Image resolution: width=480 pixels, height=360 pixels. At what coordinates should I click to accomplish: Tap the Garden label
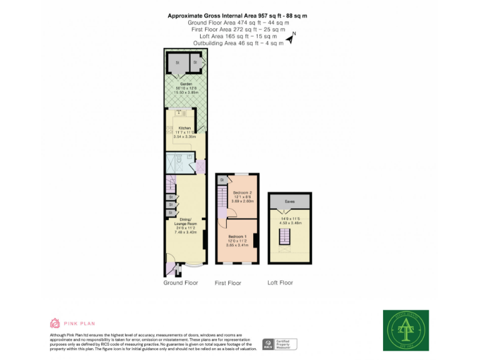186,84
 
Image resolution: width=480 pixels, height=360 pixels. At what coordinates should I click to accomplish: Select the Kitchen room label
184,127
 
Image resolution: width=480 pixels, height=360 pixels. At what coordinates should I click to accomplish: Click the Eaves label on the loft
289,201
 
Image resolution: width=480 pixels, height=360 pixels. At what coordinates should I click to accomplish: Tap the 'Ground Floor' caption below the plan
181,283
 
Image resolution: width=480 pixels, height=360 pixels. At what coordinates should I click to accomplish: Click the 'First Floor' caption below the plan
227,283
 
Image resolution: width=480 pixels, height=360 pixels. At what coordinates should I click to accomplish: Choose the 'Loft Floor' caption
280,283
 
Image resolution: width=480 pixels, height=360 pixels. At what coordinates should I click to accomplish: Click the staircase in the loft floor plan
285,236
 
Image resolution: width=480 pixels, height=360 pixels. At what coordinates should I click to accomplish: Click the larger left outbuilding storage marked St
177,62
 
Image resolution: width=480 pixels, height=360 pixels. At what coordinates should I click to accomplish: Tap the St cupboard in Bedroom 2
221,180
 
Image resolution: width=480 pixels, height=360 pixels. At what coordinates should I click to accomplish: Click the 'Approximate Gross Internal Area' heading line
237,16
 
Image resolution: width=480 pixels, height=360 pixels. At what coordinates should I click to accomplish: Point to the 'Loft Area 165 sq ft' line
237,36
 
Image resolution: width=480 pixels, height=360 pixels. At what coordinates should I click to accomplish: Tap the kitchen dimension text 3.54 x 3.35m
184,136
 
